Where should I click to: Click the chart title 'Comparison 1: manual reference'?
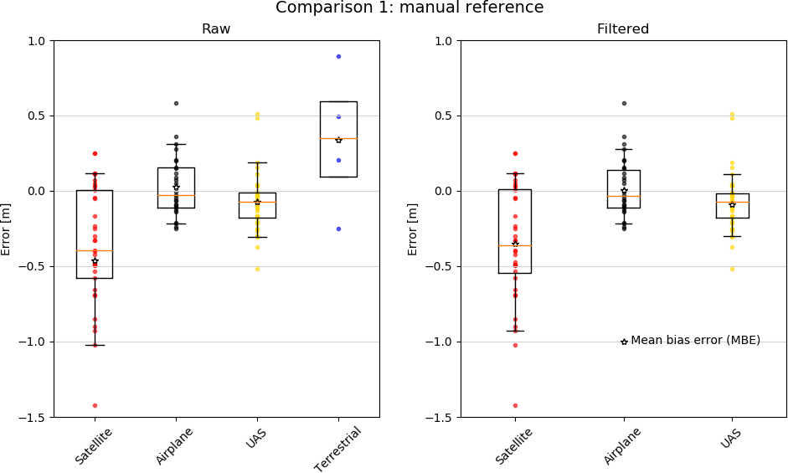(409, 8)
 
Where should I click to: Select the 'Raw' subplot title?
(216, 29)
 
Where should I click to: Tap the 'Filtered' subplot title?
(623, 29)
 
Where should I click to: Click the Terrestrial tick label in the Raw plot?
(339, 449)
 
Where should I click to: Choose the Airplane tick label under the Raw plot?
(175, 445)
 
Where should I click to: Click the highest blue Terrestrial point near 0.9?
(338, 56)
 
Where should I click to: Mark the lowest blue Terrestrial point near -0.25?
(338, 229)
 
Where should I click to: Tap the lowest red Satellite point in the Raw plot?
(95, 405)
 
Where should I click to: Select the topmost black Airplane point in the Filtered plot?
(624, 103)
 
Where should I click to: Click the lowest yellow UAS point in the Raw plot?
(257, 269)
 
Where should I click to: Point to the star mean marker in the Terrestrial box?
(338, 140)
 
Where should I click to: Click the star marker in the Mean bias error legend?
(624, 342)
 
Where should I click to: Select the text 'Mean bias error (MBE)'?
(695, 341)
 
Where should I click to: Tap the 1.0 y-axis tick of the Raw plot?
(38, 41)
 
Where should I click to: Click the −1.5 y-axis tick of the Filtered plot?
(442, 417)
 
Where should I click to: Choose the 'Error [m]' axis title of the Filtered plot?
(413, 229)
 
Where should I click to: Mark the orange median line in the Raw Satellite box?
(95, 250)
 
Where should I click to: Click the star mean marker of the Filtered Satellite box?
(515, 244)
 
